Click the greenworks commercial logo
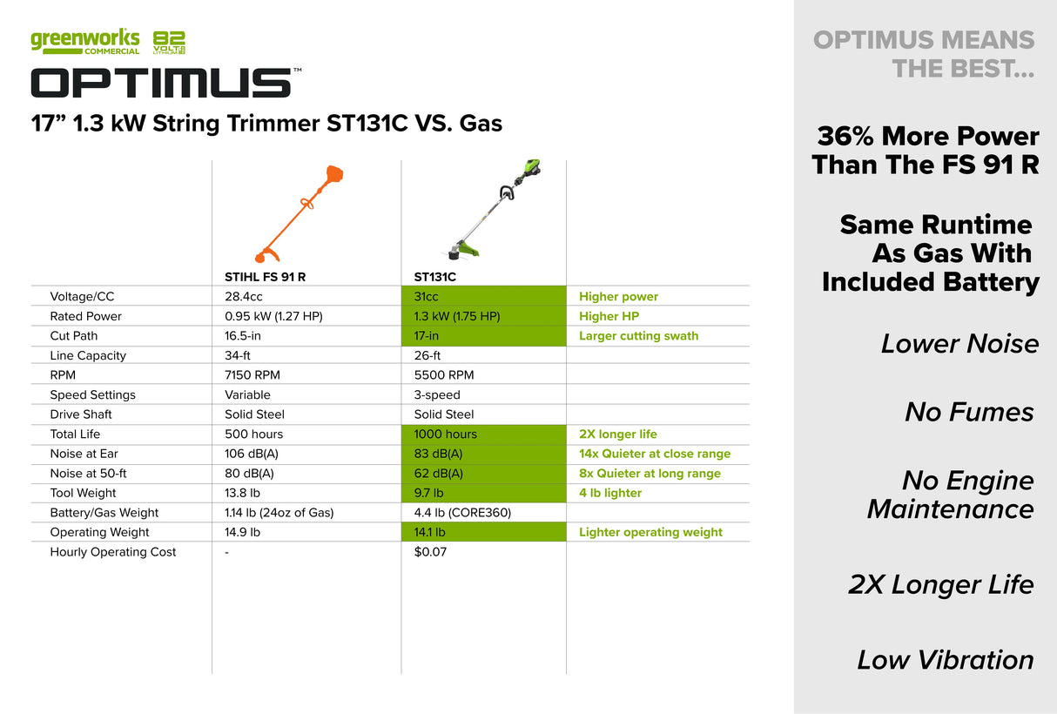pyautogui.click(x=84, y=42)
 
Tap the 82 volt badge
pyautogui.click(x=169, y=43)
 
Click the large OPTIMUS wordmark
pyautogui.click(x=161, y=83)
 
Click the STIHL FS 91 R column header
pyautogui.click(x=265, y=277)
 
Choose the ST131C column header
pyautogui.click(x=434, y=277)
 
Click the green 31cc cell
pyautogui.click(x=483, y=297)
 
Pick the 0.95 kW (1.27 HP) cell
pyautogui.click(x=273, y=316)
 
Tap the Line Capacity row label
pyautogui.click(x=88, y=355)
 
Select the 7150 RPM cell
pyautogui.click(x=252, y=375)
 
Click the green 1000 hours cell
pyautogui.click(x=483, y=434)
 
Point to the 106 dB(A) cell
pyautogui.click(x=249, y=454)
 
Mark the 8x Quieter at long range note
pyautogui.click(x=650, y=474)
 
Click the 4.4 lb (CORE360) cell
pyautogui.click(x=462, y=513)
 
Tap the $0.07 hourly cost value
pyautogui.click(x=430, y=552)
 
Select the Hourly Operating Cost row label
pyautogui.click(x=113, y=552)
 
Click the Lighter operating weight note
pyautogui.click(x=650, y=532)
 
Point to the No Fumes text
pyautogui.click(x=969, y=412)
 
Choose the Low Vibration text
pyautogui.click(x=946, y=660)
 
